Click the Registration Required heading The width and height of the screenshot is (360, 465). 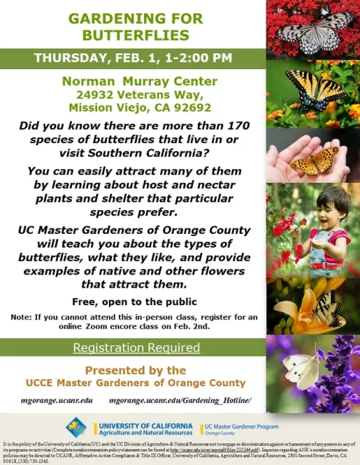tap(136, 347)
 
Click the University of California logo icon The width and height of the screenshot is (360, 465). tap(76, 427)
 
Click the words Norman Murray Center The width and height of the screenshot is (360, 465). tap(132, 80)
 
